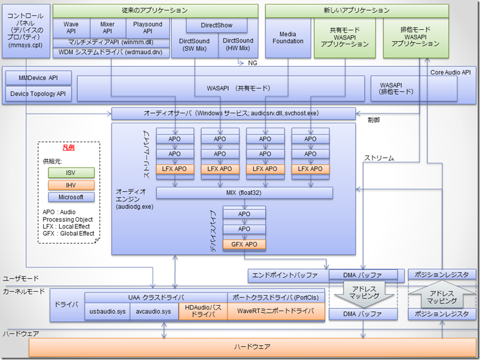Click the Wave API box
click(71, 28)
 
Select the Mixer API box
click(107, 28)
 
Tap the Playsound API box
click(147, 28)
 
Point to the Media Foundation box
click(288, 37)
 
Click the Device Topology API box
click(38, 94)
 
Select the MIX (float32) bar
click(244, 193)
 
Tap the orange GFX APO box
click(244, 244)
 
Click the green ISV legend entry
click(71, 173)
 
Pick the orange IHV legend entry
click(71, 185)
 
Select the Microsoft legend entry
click(71, 197)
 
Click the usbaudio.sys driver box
click(108, 312)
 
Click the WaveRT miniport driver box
click(275, 312)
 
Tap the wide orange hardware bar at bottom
click(252, 347)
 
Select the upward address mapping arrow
click(442, 294)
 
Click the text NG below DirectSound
click(253, 64)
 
